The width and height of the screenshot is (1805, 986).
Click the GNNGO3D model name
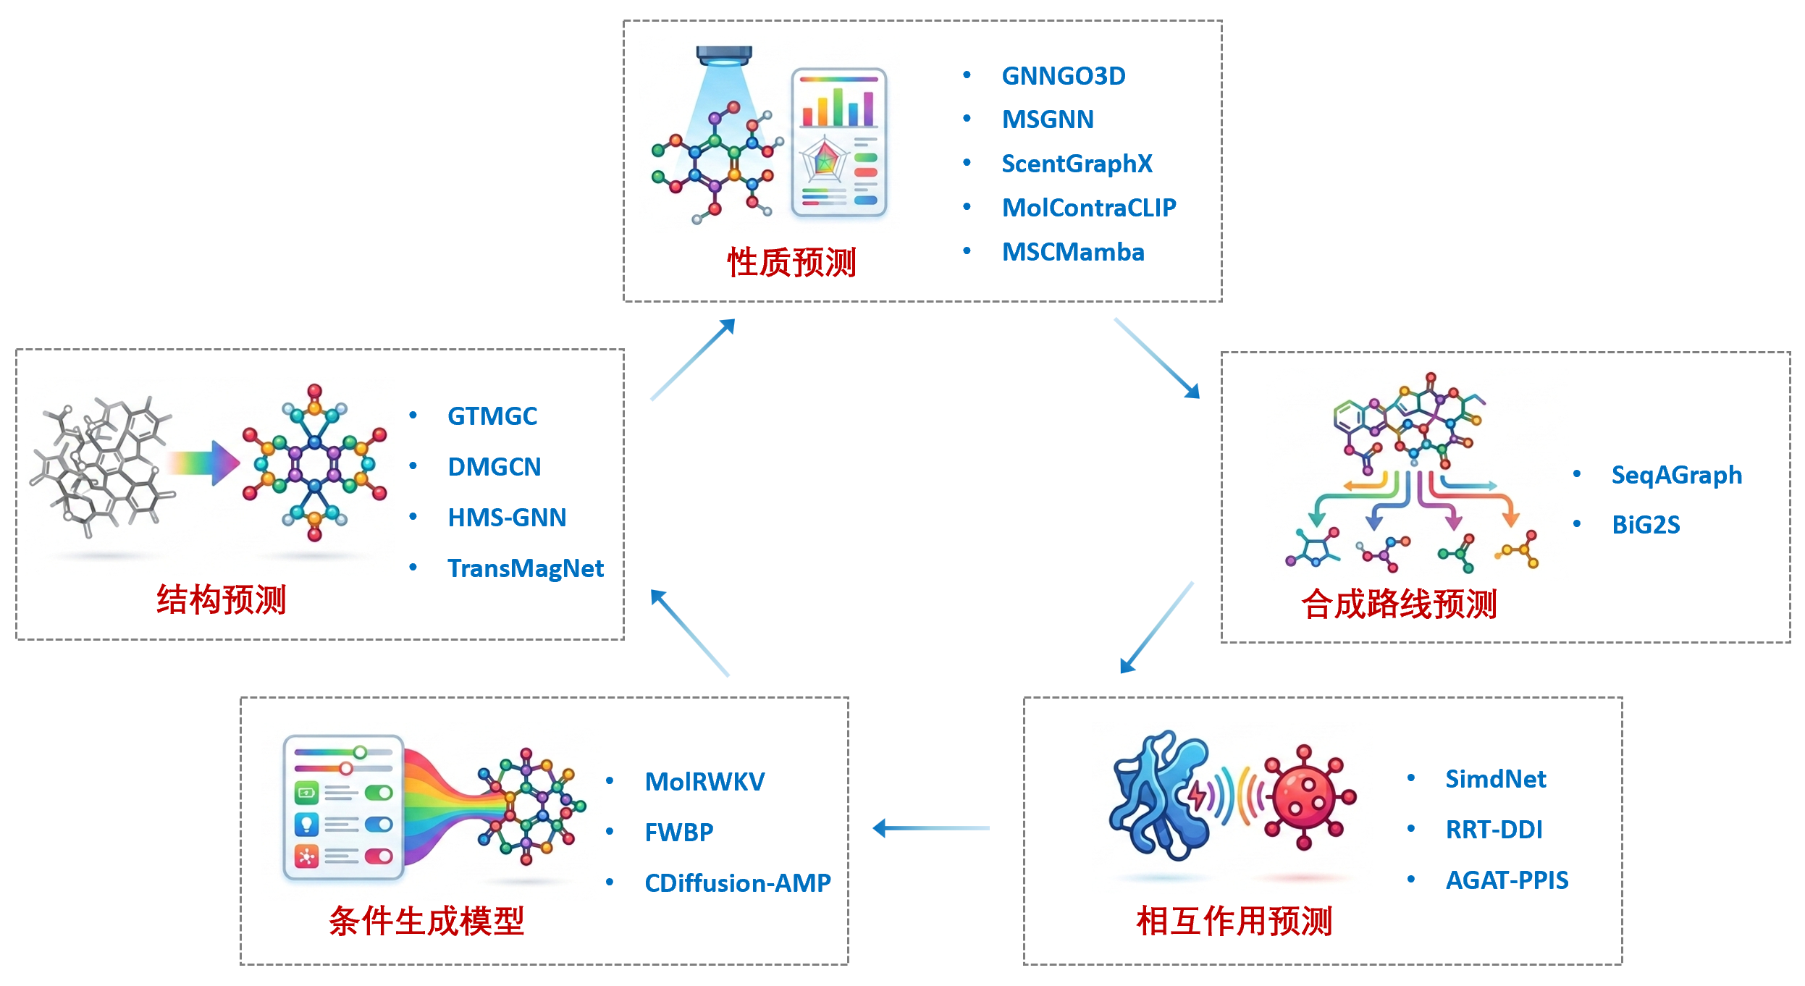pyautogui.click(x=1063, y=76)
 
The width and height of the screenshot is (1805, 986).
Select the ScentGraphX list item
pyautogui.click(x=1076, y=164)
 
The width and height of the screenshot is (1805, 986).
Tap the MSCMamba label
pyautogui.click(x=1072, y=252)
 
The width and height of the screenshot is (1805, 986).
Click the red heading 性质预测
pyautogui.click(x=791, y=262)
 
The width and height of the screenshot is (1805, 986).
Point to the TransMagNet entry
pyautogui.click(x=525, y=568)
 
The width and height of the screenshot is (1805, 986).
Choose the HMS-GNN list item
pyautogui.click(x=506, y=518)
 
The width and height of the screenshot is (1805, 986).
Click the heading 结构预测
pyautogui.click(x=222, y=600)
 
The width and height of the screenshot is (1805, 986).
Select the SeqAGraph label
pyautogui.click(x=1676, y=475)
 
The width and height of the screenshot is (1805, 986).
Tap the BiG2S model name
pyautogui.click(x=1645, y=525)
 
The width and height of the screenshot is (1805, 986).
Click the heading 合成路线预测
pyautogui.click(x=1398, y=604)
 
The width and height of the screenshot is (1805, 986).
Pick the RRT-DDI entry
pyautogui.click(x=1494, y=830)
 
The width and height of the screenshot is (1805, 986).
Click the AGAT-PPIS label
pyautogui.click(x=1507, y=880)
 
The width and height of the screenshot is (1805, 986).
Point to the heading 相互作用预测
pyautogui.click(x=1234, y=922)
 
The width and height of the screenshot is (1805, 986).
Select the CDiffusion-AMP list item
pyautogui.click(x=737, y=883)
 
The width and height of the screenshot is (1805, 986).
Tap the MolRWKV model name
pyautogui.click(x=704, y=782)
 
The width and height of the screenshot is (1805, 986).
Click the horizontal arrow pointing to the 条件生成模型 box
pyautogui.click(x=930, y=828)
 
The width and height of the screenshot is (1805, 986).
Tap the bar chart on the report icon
pyautogui.click(x=838, y=107)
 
